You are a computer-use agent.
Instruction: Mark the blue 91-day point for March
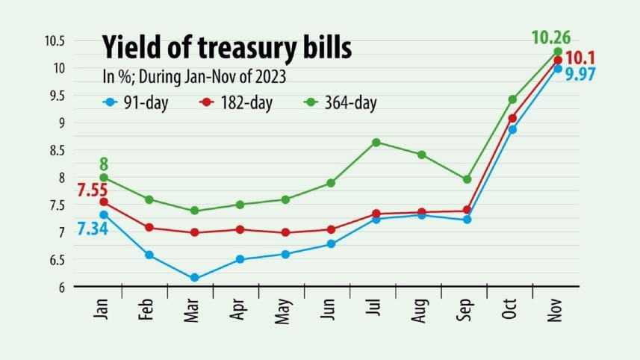point(195,278)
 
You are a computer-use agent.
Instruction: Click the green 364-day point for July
point(376,142)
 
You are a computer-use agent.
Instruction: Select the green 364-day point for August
point(422,155)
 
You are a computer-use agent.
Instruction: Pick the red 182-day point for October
point(512,118)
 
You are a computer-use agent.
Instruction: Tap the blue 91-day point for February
point(149,255)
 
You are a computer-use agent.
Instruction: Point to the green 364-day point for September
point(467,179)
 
